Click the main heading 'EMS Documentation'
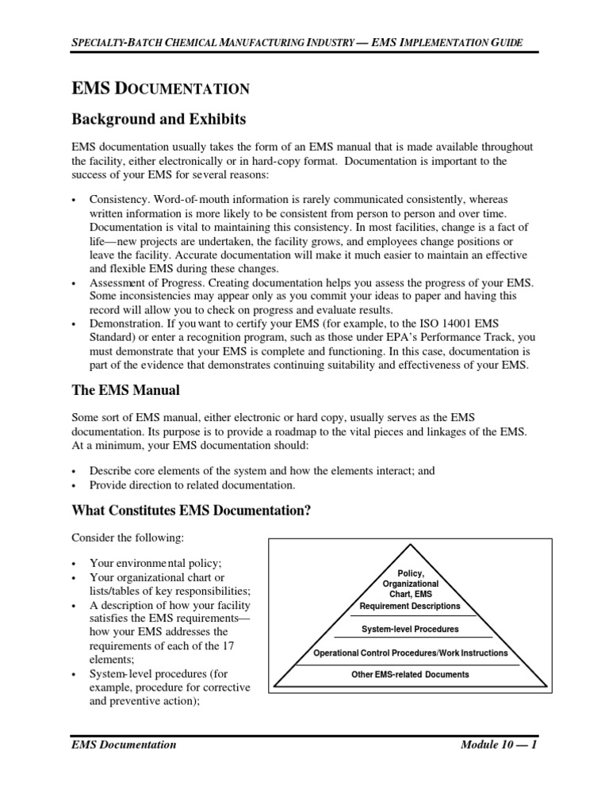pyautogui.click(x=161, y=89)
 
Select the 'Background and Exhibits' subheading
pyautogui.click(x=159, y=120)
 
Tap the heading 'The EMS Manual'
pyautogui.click(x=125, y=390)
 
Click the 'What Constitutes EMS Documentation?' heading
pyautogui.click(x=190, y=510)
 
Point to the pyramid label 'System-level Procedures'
pyautogui.click(x=410, y=629)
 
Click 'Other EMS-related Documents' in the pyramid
pyautogui.click(x=410, y=675)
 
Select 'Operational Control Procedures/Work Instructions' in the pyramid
pyautogui.click(x=411, y=653)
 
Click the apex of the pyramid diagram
pyautogui.click(x=410, y=546)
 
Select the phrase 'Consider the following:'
pyautogui.click(x=128, y=538)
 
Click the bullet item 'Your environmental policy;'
pyautogui.click(x=155, y=562)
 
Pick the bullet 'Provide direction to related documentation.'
pyautogui.click(x=192, y=485)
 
